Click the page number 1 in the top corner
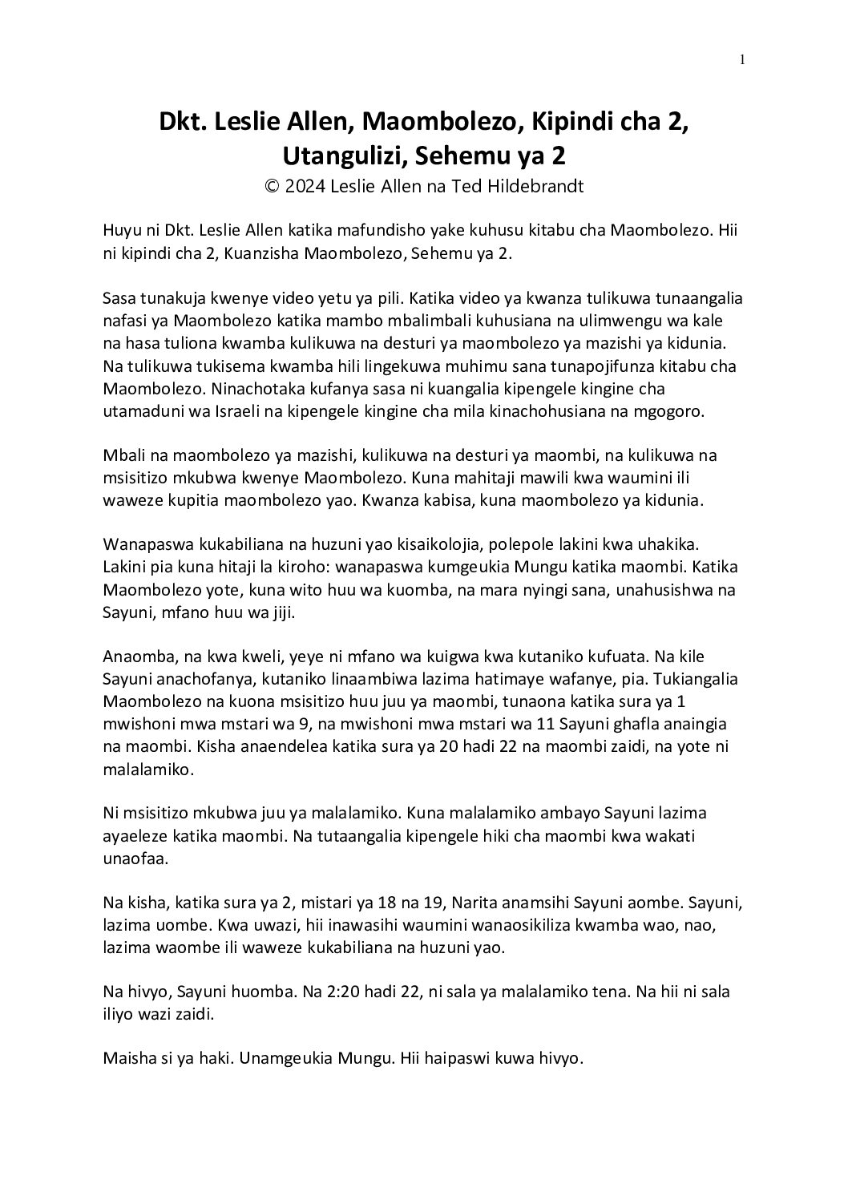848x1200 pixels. point(744,59)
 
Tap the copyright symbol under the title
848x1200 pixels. point(272,187)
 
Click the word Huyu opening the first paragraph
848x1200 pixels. point(121,231)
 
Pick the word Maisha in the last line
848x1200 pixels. point(127,1058)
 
